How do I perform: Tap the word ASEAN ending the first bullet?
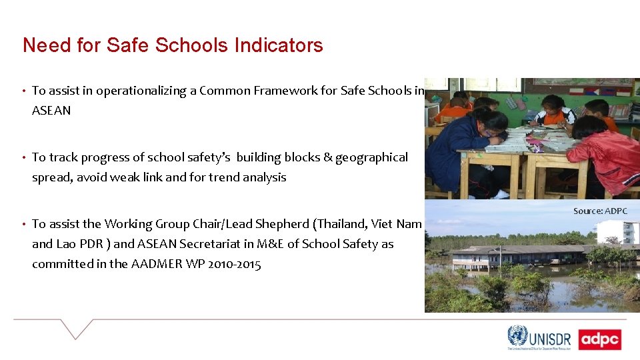pyautogui.click(x=51, y=111)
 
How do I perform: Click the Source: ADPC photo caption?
pyautogui.click(x=600, y=211)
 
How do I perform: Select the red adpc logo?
pyautogui.click(x=599, y=339)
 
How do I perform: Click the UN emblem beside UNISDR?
pyautogui.click(x=517, y=336)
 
